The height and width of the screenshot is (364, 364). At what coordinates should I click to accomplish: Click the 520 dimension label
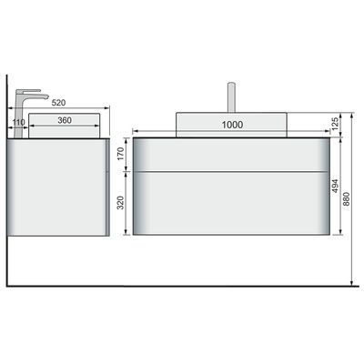click(58, 103)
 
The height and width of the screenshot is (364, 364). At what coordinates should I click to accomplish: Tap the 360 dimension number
click(65, 120)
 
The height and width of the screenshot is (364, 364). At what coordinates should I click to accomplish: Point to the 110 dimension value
click(19, 123)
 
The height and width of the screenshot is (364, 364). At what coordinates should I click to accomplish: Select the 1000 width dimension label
click(232, 125)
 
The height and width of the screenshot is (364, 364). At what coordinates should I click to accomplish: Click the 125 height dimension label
click(335, 124)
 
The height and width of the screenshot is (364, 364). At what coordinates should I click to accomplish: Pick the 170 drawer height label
click(120, 154)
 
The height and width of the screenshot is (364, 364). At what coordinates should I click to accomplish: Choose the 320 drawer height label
click(120, 203)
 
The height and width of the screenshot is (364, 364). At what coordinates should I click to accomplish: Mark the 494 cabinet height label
click(335, 186)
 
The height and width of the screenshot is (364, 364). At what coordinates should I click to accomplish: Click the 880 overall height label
click(346, 199)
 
